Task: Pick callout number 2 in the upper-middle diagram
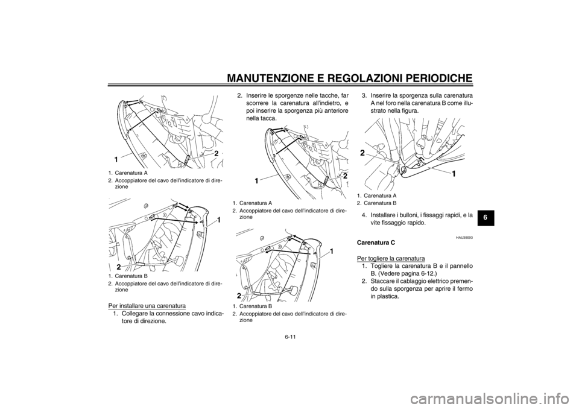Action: [345, 176]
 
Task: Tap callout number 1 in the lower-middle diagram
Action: [332, 249]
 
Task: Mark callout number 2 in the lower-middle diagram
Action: [240, 296]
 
